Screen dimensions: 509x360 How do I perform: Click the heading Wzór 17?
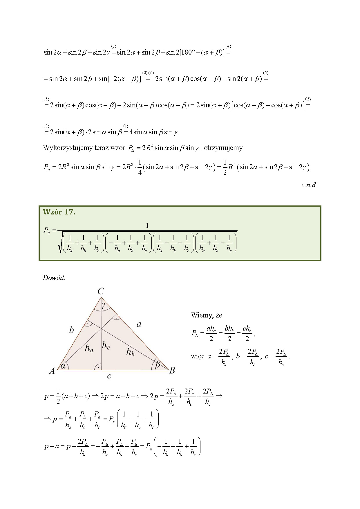59,212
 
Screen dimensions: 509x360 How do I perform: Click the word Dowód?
54,278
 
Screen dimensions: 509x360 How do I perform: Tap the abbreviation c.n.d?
309,185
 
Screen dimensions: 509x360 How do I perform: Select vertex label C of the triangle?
101,291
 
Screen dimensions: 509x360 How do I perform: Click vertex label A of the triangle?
52,371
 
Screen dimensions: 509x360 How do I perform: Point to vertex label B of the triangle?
172,370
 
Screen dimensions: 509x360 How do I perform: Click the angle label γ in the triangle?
104,304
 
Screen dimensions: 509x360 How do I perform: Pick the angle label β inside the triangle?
158,364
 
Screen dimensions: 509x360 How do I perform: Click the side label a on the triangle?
139,324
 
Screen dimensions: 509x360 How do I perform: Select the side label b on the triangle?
71,330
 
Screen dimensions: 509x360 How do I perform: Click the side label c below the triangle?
109,376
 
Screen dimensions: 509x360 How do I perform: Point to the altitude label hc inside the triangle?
106,346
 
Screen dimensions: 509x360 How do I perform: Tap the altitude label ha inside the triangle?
89,348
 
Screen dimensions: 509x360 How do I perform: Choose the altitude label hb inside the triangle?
130,352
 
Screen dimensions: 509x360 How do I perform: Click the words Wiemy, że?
206,315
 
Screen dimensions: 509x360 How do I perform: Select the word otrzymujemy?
223,148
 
